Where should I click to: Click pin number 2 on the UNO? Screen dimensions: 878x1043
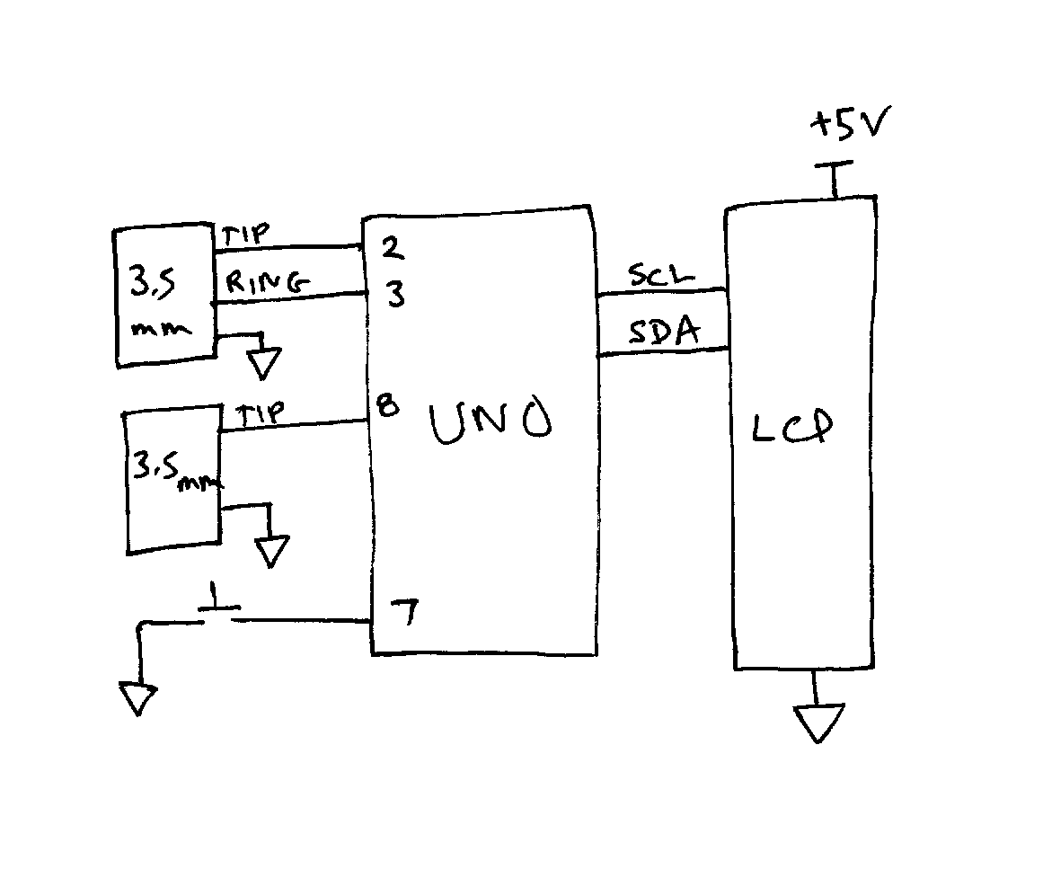click(392, 248)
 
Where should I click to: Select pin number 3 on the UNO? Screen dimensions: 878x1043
click(395, 295)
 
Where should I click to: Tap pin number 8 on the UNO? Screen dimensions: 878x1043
click(387, 407)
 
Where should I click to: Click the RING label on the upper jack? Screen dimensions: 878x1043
click(267, 283)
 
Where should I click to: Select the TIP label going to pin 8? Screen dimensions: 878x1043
click(261, 413)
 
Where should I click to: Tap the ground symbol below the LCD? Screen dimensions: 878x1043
click(818, 723)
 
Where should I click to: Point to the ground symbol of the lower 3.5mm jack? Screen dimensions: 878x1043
click(272, 550)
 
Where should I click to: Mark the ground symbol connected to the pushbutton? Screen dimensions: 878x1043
click(137, 698)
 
